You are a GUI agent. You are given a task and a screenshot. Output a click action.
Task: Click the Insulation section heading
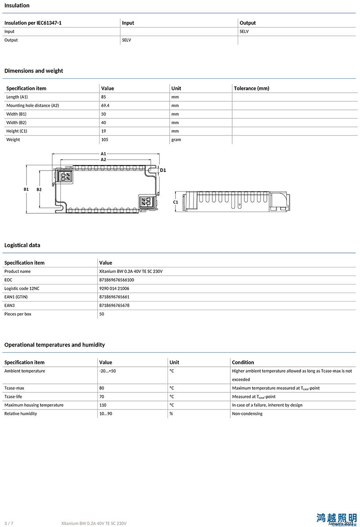pos(17,5)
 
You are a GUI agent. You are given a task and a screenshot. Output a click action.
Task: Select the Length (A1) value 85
pos(104,97)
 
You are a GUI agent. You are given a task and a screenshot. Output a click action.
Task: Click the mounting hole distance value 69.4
pos(106,105)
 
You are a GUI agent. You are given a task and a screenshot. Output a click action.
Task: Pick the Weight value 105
pos(105,140)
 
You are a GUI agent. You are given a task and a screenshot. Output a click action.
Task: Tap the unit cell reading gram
pos(176,140)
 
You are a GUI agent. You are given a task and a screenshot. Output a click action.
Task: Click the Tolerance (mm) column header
pos(252,88)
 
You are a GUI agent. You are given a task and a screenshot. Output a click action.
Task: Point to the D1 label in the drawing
pos(163,170)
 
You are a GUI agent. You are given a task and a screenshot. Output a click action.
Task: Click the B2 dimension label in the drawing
pos(39,189)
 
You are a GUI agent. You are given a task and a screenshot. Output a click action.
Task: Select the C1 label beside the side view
pos(175,202)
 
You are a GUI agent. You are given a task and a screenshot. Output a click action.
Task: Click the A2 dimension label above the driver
pos(103,159)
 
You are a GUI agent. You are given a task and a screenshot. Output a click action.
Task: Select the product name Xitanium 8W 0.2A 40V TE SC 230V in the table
pos(130,271)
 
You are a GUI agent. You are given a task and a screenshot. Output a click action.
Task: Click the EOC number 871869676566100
pos(117,280)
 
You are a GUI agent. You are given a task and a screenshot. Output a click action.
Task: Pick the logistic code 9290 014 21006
pos(114,288)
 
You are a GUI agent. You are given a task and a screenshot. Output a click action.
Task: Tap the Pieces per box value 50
pos(102,314)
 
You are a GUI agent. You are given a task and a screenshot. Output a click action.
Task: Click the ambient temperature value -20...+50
pos(108,371)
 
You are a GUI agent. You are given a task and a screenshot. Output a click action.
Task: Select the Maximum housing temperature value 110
pos(103,405)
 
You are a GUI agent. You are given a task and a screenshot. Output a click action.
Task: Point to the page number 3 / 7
pos(9,523)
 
